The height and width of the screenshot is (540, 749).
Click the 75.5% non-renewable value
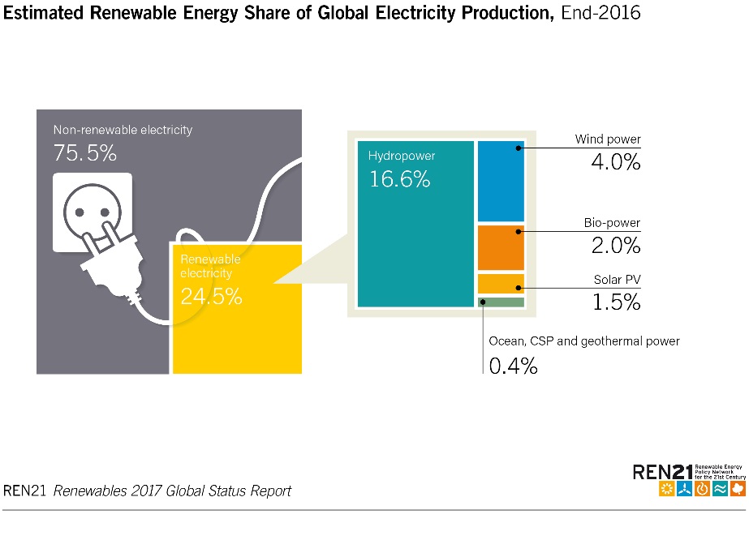(x=85, y=152)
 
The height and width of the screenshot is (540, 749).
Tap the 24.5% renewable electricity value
(x=211, y=297)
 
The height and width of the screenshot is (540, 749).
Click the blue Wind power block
(x=501, y=181)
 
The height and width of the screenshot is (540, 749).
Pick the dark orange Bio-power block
(x=501, y=248)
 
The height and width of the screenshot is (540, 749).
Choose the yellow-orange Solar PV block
(x=501, y=284)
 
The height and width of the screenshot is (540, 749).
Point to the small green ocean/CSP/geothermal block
(x=501, y=302)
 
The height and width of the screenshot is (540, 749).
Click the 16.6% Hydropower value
(x=399, y=179)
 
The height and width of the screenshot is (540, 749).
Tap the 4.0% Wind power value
(x=613, y=161)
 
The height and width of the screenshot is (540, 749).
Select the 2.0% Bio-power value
(x=613, y=245)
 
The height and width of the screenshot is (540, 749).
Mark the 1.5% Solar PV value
(x=614, y=302)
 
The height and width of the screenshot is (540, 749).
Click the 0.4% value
(x=513, y=366)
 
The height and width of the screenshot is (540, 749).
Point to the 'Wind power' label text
(x=608, y=139)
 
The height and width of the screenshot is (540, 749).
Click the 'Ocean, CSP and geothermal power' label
(x=583, y=341)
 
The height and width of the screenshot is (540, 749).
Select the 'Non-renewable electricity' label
(x=123, y=130)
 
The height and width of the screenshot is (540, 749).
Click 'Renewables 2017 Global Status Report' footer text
(x=172, y=491)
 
